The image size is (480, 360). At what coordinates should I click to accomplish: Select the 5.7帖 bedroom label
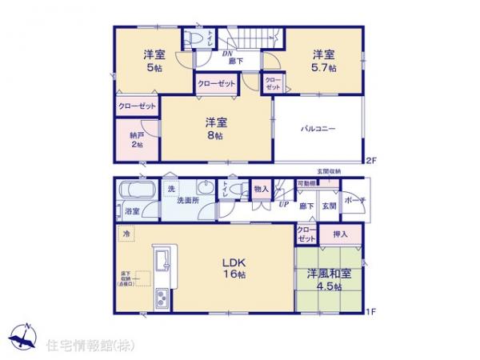click(x=324, y=61)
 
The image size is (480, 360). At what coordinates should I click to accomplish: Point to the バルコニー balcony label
click(x=317, y=128)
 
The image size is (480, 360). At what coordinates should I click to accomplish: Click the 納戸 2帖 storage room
click(x=136, y=141)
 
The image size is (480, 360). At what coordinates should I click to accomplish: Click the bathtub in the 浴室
click(x=137, y=191)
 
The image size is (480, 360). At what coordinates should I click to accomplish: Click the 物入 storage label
click(x=261, y=190)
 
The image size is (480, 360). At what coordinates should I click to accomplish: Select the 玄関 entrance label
click(x=329, y=206)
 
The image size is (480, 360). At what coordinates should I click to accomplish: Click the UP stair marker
click(x=283, y=205)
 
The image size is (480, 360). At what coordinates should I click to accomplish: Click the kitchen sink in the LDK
click(x=161, y=259)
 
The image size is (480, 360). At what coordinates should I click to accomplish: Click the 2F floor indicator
click(x=370, y=160)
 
